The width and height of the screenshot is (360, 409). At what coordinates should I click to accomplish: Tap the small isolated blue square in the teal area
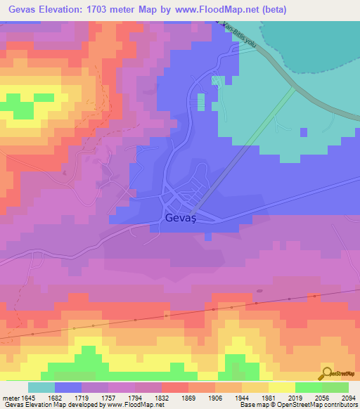[x=304, y=131]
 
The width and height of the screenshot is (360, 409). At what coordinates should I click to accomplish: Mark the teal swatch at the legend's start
[x=41, y=387]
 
